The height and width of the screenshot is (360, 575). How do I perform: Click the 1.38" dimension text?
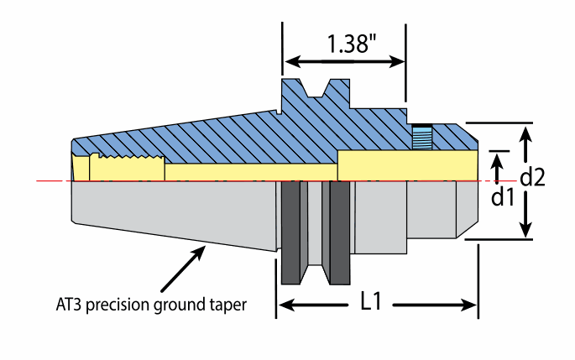[x=347, y=44]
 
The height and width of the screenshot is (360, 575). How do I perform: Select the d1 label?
[x=503, y=198]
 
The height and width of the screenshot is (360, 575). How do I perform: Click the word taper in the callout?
[x=228, y=305]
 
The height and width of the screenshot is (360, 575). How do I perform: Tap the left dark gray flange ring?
[x=291, y=232]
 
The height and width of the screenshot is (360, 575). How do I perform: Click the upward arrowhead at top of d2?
[x=526, y=133]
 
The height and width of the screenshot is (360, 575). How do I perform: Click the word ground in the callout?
[x=184, y=305]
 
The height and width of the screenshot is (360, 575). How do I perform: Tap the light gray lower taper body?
[x=168, y=214]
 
